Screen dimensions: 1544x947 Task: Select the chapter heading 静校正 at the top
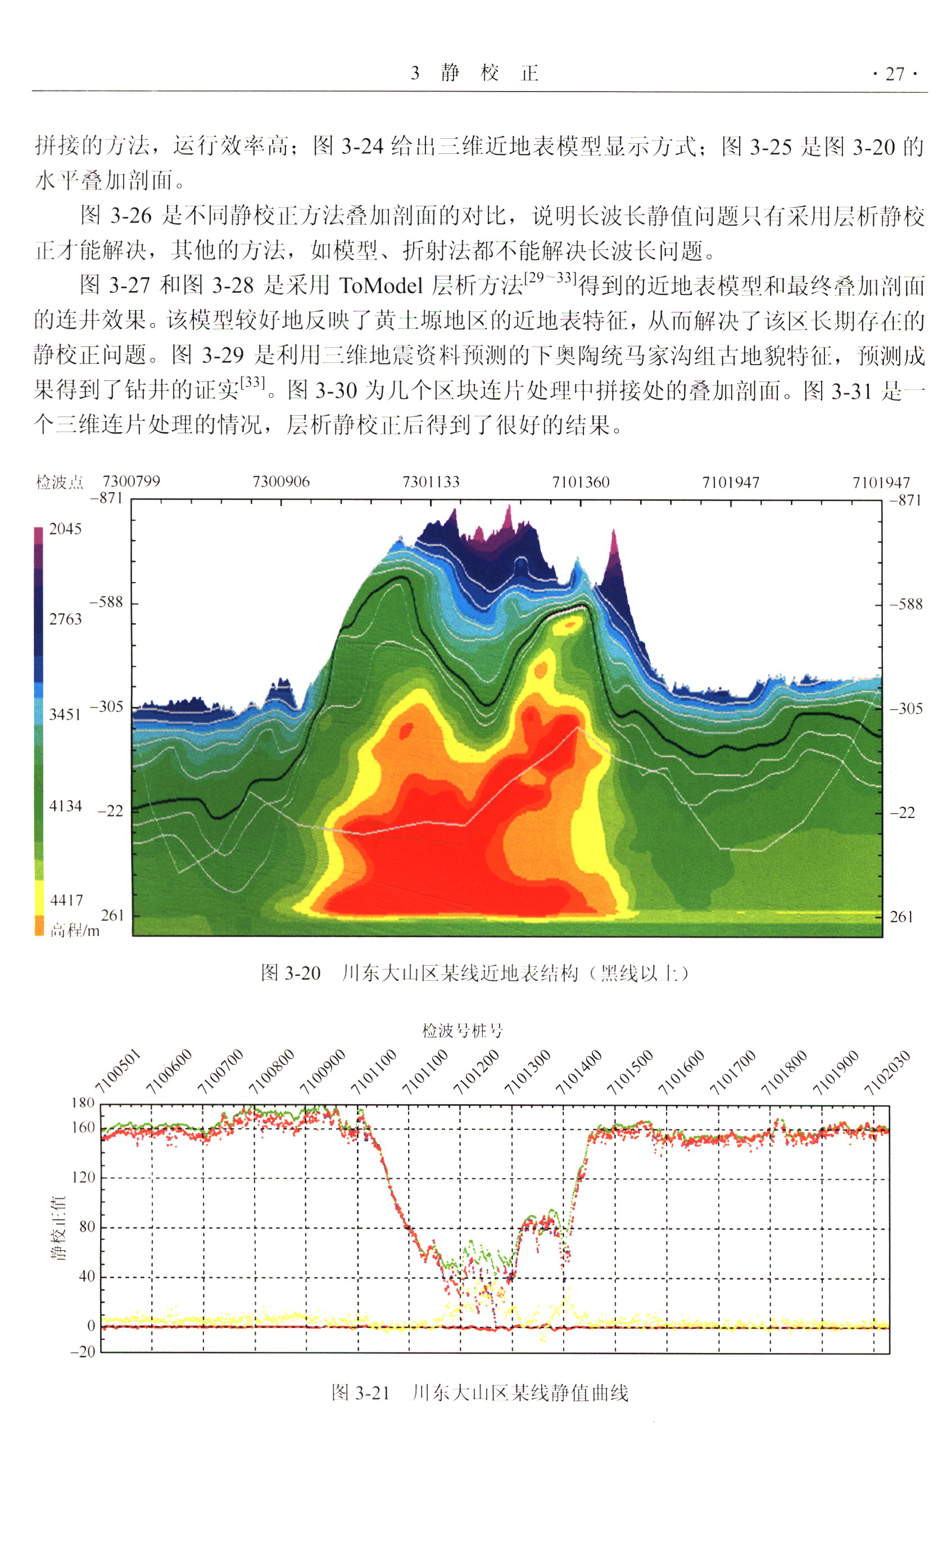490,73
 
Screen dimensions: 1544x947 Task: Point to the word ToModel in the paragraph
381,286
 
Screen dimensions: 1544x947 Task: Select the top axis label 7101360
581,482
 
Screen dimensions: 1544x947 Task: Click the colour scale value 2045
65,528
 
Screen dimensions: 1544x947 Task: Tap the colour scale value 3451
65,714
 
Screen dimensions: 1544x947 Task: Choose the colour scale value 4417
66,900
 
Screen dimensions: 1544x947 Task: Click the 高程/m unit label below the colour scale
75,930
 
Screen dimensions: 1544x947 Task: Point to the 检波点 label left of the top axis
59,482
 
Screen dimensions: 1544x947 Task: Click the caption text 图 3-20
290,973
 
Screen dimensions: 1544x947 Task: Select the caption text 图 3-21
360,1392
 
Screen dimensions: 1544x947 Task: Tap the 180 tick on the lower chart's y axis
83,1102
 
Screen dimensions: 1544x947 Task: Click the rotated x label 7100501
119,1071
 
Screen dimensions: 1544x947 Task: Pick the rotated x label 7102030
887,1072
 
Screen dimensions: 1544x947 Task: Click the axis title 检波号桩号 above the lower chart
463,1030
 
